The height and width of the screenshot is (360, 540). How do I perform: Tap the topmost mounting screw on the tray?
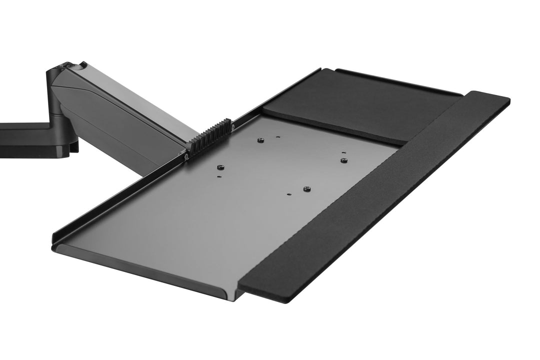tap(260, 140)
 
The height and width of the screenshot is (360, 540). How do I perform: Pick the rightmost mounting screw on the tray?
tap(343, 160)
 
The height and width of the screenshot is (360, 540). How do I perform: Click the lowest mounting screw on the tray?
tap(306, 188)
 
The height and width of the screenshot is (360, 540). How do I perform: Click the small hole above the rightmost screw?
tap(343, 152)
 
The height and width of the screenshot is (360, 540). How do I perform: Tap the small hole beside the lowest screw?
tap(289, 193)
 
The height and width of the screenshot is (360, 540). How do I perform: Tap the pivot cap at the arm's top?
tap(67, 66)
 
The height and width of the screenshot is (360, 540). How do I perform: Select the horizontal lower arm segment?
tap(25, 142)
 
